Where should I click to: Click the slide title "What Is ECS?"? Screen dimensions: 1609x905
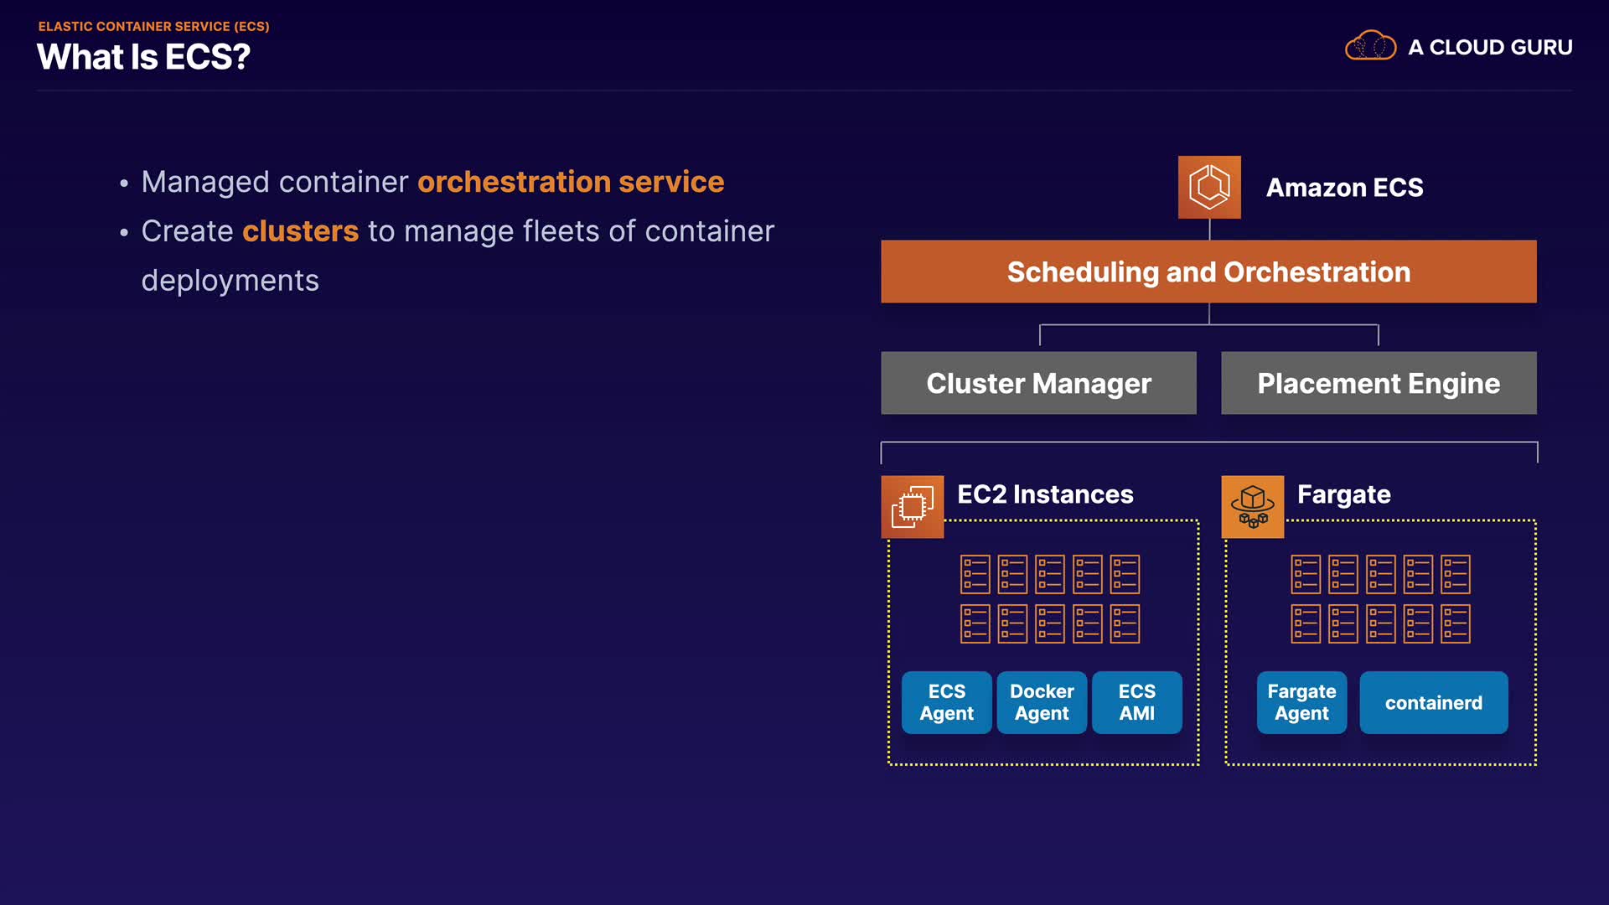143,57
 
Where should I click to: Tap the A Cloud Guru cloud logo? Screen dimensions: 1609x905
1370,45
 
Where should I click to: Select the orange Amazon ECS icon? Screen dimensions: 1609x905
1209,187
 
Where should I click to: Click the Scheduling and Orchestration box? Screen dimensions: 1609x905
1208,271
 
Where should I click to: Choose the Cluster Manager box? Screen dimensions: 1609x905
1038,383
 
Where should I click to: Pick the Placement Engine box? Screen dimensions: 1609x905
1379,383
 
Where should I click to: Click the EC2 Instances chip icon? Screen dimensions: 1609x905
912,507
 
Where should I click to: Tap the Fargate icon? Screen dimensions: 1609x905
1252,507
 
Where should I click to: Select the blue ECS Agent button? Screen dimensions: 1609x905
947,702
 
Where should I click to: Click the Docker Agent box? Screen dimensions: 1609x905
1042,702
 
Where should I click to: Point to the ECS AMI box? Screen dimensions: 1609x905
1137,702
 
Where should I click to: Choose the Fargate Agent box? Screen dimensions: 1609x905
1301,702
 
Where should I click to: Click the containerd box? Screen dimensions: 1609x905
1434,702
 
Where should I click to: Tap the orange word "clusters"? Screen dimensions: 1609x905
300,231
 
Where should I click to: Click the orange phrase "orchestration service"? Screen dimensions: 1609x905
571,182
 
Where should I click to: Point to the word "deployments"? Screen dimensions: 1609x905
230,282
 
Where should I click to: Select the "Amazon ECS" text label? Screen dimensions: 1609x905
1344,188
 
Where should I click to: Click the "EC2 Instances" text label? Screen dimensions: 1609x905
1045,494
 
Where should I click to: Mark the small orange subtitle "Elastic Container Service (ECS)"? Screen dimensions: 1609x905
153,27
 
